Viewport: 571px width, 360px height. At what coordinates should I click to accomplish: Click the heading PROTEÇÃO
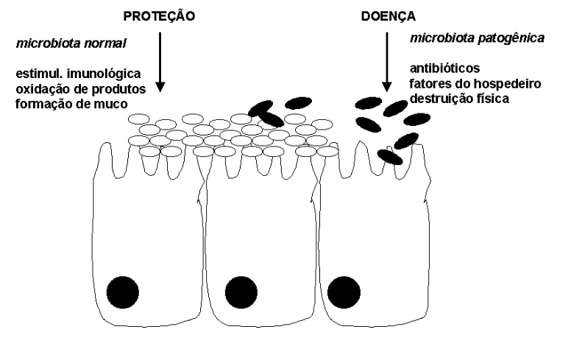pos(159,16)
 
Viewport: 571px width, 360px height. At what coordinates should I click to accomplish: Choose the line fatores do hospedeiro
pos(474,83)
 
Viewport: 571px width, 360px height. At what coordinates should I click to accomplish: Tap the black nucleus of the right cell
pos(344,292)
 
